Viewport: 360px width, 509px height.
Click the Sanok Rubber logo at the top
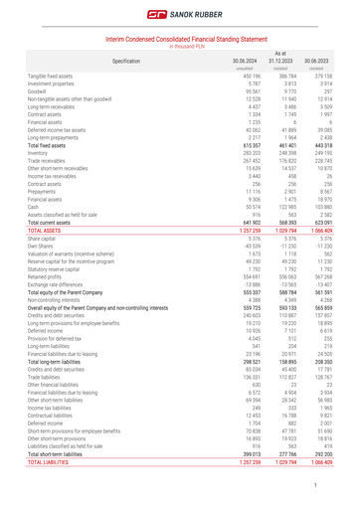[179, 16]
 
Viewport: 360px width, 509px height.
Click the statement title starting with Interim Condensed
[179, 39]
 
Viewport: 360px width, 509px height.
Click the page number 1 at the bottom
[341, 485]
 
